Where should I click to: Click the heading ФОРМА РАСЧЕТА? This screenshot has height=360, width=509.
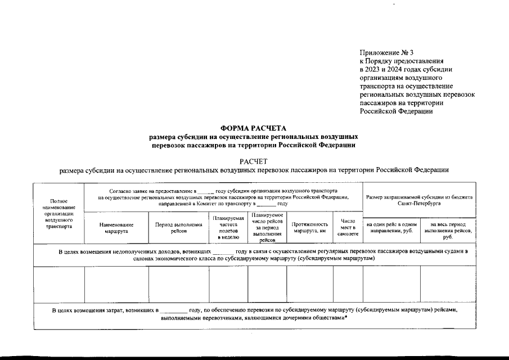[253, 128]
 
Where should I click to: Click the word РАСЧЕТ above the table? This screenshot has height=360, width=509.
[254, 161]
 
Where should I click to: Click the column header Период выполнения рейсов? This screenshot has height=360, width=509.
[178, 227]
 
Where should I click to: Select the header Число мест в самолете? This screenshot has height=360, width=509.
[348, 227]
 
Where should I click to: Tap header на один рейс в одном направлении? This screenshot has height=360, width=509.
[391, 227]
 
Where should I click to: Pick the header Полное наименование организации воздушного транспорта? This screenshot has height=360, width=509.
[58, 214]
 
